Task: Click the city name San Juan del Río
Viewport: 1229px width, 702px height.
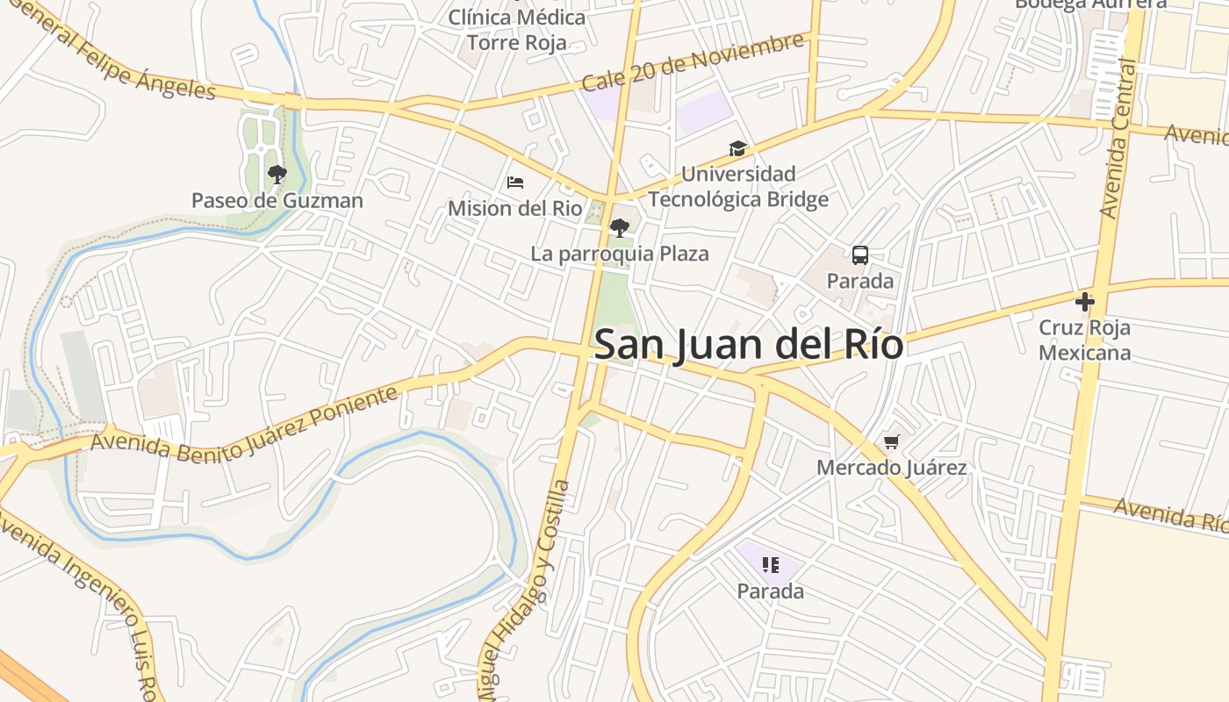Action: tap(749, 345)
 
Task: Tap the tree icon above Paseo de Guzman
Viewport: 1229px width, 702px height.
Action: tap(277, 175)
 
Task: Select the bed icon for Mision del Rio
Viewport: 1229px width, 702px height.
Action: tap(515, 183)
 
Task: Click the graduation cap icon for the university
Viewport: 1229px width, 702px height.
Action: tap(737, 149)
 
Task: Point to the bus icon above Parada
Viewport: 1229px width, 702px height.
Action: tap(860, 255)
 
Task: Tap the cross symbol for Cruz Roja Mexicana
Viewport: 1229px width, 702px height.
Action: tap(1085, 302)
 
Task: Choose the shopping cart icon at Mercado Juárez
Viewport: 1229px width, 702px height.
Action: tap(892, 441)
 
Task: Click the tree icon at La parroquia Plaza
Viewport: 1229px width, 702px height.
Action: tap(620, 228)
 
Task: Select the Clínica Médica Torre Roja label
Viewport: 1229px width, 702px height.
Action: tap(517, 30)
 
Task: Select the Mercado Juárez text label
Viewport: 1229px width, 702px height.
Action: tap(892, 468)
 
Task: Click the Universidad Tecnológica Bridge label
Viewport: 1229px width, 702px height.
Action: tap(738, 187)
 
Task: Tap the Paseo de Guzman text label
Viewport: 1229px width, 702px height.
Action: tap(277, 201)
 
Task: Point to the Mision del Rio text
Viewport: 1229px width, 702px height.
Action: tap(515, 209)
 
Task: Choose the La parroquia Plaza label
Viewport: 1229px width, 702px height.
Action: tap(620, 254)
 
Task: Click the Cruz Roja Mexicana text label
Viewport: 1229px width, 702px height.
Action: tap(1085, 340)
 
